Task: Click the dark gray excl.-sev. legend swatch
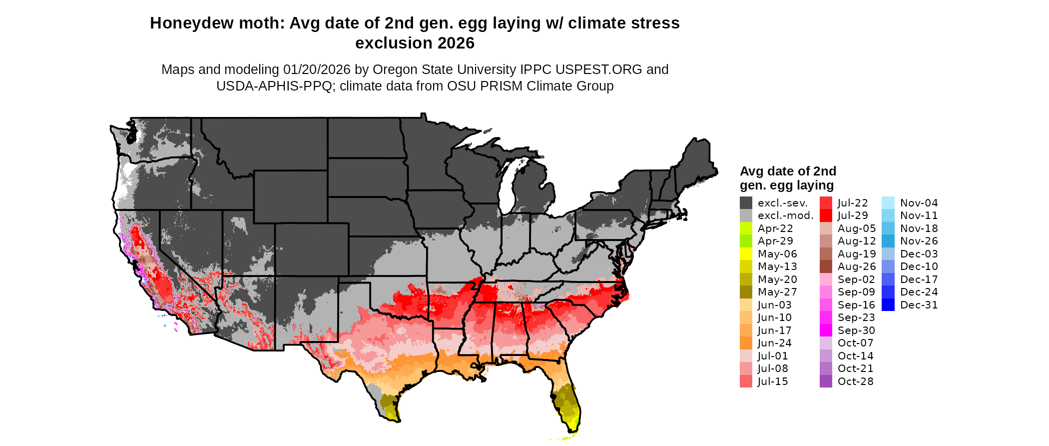[x=746, y=203]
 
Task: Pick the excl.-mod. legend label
[x=785, y=215]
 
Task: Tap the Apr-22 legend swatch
[x=746, y=228]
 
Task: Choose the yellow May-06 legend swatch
[x=746, y=254]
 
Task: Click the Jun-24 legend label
[x=774, y=343]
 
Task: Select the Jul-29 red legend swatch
[x=826, y=215]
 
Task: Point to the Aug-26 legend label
[x=856, y=266]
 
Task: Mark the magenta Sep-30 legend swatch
[x=826, y=330]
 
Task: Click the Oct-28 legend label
[x=855, y=381]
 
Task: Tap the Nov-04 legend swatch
[x=888, y=203]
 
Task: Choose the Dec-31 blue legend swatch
[x=888, y=305]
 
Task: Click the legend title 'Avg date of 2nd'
[x=788, y=171]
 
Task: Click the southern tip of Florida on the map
[x=573, y=429]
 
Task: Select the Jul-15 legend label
[x=772, y=381]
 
